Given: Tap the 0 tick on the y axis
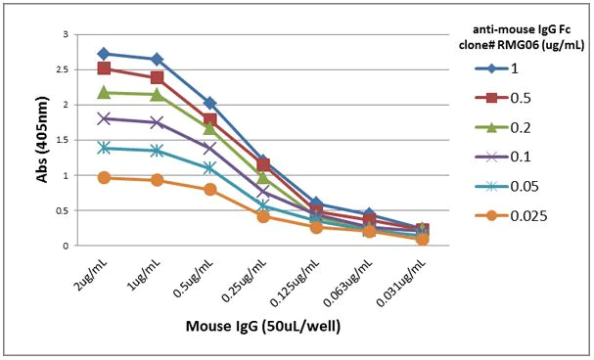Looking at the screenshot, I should [x=65, y=246].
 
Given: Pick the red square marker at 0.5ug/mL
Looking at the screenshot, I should [x=210, y=119].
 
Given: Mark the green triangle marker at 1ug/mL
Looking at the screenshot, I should [x=157, y=94].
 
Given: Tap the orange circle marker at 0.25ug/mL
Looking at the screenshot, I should [x=263, y=216].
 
